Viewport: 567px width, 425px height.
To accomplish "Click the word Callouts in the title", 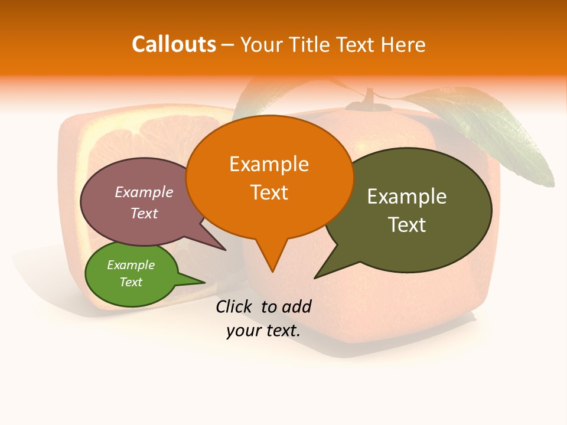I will point(174,44).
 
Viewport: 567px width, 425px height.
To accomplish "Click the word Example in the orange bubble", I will point(269,164).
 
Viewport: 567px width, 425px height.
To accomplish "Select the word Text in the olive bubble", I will point(407,224).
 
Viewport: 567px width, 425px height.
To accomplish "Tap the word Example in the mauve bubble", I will point(144,192).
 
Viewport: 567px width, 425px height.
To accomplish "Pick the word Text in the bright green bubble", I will point(131,282).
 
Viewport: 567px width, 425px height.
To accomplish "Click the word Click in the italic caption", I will point(234,306).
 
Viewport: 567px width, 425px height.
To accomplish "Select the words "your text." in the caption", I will point(263,331).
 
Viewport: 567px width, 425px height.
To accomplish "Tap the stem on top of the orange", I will point(369,98).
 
